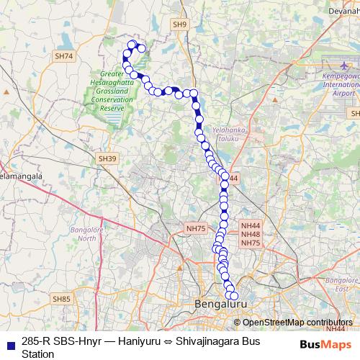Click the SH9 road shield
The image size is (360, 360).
[179, 24]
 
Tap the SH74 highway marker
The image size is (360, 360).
[64, 55]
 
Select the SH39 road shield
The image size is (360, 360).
[107, 158]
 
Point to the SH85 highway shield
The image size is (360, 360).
[61, 298]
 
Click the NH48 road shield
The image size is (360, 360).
[251, 234]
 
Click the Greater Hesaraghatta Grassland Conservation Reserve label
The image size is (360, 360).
[112, 90]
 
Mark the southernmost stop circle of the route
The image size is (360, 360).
[233, 295]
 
